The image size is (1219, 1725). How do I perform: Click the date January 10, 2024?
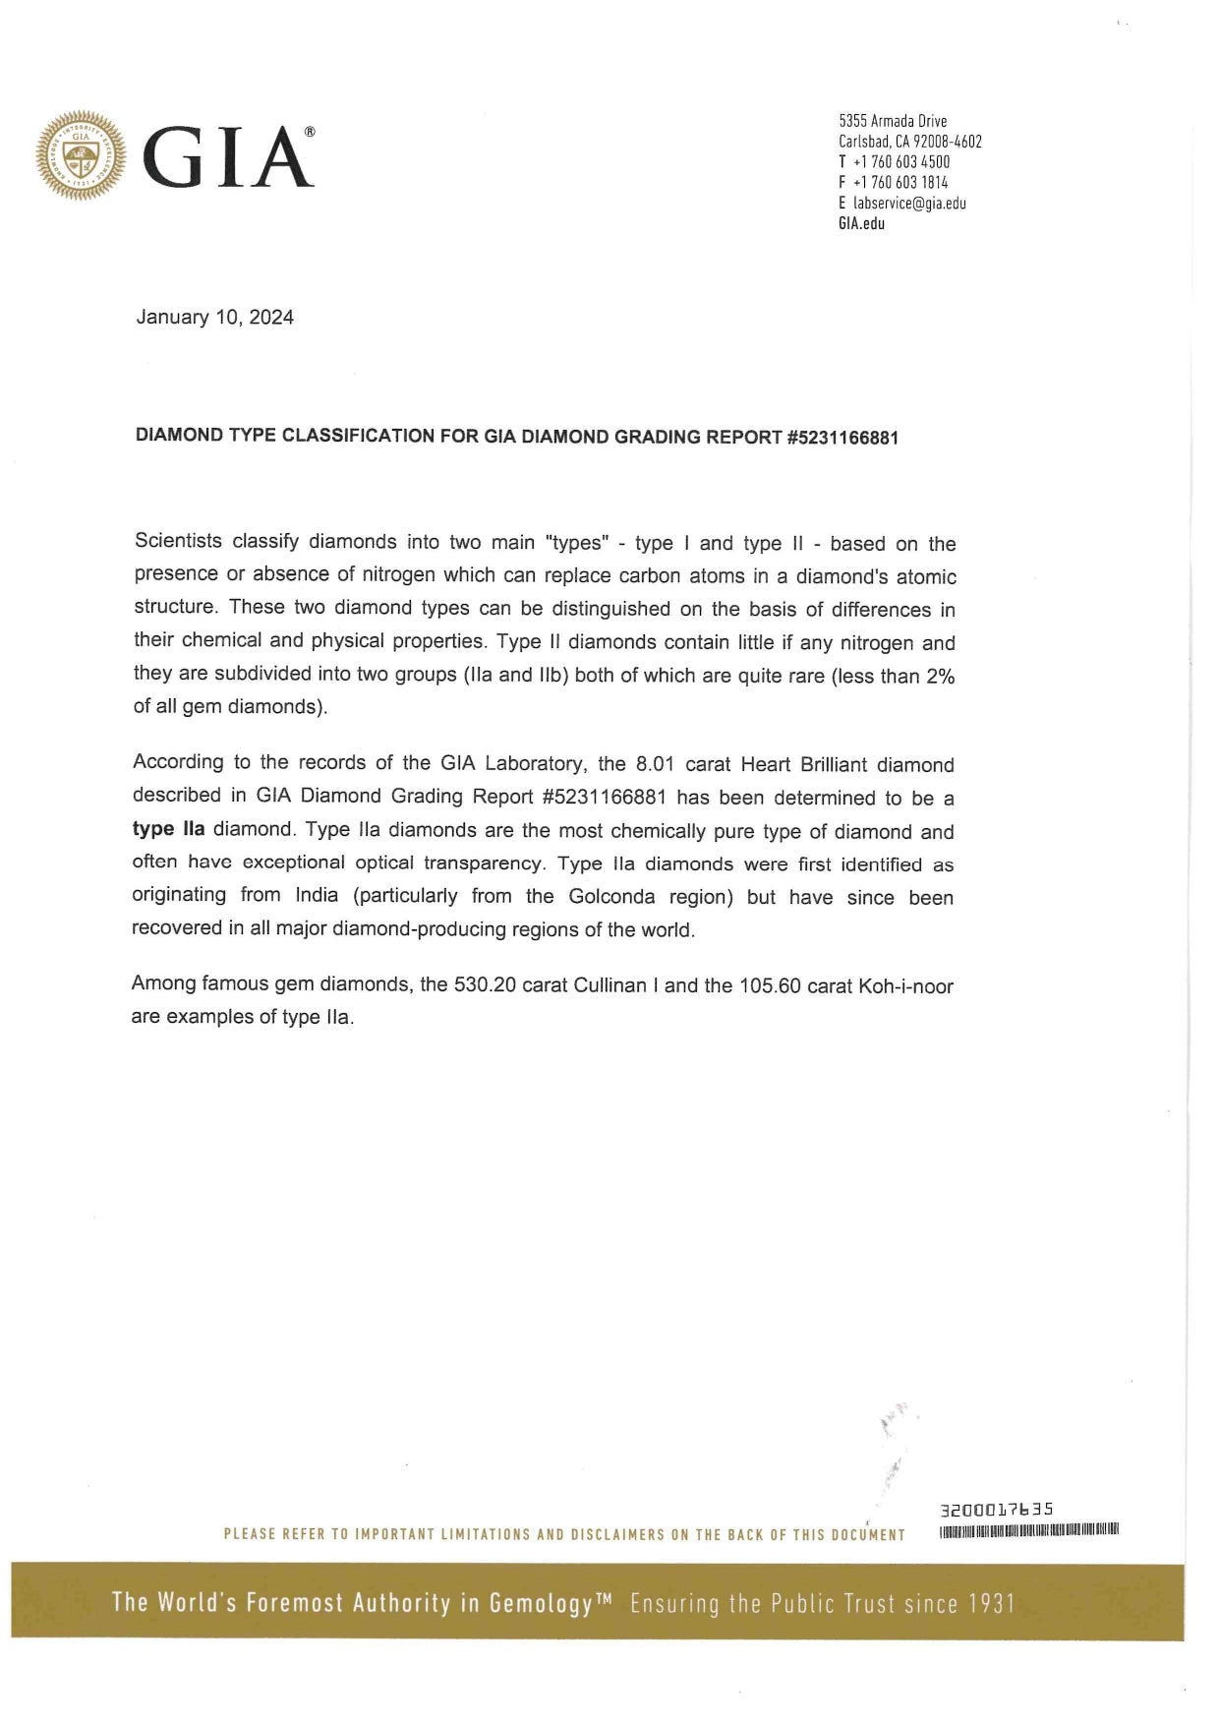[x=214, y=317]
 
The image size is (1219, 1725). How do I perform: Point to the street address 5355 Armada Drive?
[x=893, y=121]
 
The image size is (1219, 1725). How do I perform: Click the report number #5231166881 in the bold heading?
[x=842, y=438]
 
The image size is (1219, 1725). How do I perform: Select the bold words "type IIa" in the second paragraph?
[x=168, y=829]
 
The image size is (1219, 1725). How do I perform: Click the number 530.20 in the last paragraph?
[x=485, y=984]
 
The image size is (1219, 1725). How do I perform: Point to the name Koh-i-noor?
[x=905, y=986]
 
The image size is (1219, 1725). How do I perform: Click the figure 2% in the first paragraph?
[x=940, y=677]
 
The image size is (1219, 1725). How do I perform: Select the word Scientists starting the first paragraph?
[x=178, y=541]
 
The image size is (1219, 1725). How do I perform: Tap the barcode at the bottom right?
[x=1029, y=1530]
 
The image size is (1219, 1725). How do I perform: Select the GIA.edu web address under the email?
[x=861, y=223]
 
